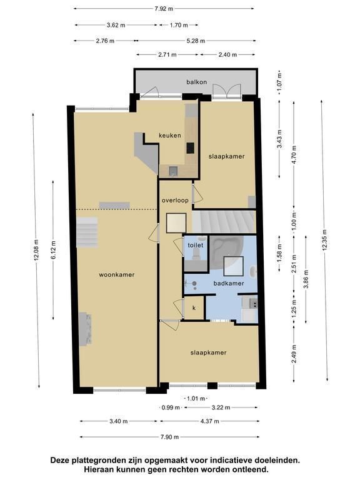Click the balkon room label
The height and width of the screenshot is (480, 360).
[x=196, y=82]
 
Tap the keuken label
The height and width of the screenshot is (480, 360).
[x=169, y=135]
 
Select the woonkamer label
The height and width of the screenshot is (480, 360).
[x=117, y=274]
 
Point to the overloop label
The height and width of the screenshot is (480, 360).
[x=175, y=201]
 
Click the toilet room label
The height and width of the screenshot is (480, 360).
[x=196, y=245]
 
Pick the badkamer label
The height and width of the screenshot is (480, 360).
[x=229, y=283]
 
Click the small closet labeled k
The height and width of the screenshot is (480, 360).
[x=194, y=308]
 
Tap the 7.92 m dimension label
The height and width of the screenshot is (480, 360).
[x=164, y=9]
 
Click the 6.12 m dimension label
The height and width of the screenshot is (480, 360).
[x=53, y=250]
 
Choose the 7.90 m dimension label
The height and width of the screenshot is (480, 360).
[x=169, y=437]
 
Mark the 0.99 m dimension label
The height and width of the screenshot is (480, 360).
[x=171, y=407]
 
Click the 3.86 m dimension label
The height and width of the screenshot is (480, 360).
[x=306, y=279]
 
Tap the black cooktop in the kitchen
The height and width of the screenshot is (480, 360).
[x=191, y=148]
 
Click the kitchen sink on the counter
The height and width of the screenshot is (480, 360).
[x=173, y=171]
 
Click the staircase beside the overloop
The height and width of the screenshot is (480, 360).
[x=224, y=221]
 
